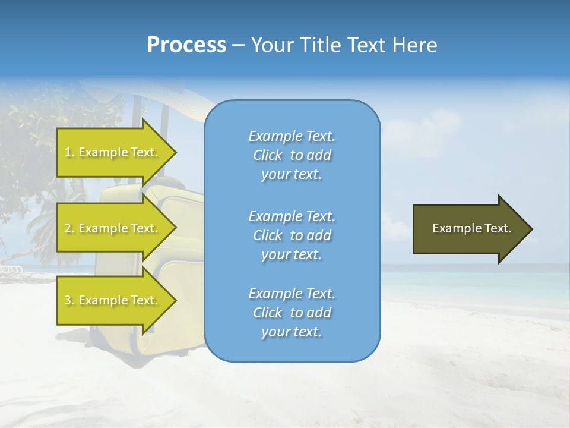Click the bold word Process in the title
point(186,45)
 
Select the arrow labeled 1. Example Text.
point(113,152)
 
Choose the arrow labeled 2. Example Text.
point(113,228)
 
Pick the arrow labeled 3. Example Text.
point(113,300)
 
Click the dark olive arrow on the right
point(469,228)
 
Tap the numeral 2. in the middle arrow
point(69,228)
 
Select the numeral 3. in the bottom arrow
point(69,300)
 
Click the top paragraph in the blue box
point(292,155)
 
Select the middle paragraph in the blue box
point(292,235)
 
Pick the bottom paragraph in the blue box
point(292,313)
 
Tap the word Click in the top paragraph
point(267,155)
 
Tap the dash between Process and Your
point(238,45)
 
